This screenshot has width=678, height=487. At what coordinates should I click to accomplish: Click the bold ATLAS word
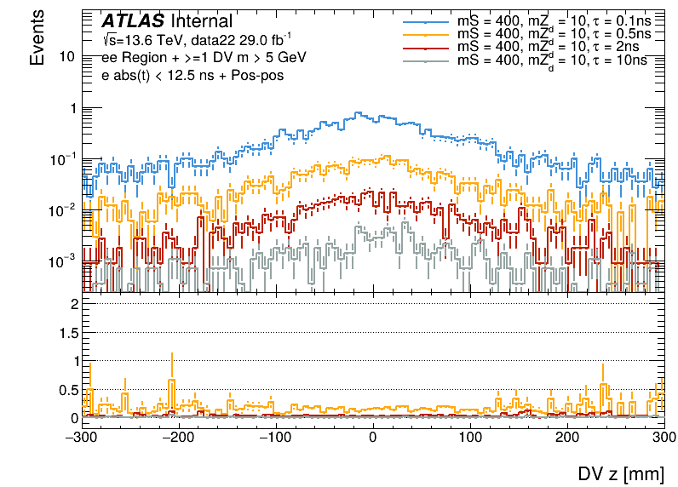point(134,21)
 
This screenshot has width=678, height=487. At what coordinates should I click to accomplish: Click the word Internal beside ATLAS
point(201,21)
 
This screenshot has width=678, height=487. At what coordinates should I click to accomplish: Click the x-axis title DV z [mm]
point(626,473)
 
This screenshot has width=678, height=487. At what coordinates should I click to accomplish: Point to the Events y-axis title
point(37,43)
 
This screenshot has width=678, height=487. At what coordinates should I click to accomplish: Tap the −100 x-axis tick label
point(274,437)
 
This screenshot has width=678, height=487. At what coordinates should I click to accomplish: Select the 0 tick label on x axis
point(372,437)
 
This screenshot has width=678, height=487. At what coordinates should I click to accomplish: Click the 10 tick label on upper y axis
point(69,56)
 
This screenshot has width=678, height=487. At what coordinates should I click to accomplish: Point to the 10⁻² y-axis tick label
point(65,209)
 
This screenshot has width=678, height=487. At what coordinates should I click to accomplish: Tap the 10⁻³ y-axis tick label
point(65,260)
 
